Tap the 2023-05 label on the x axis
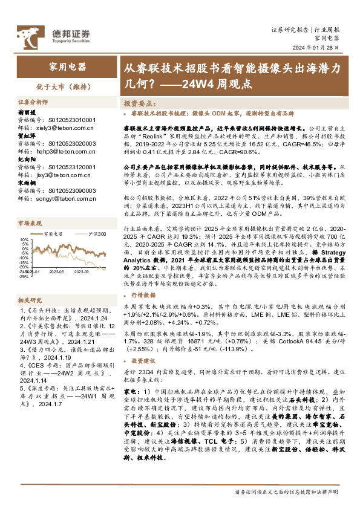point(56,273)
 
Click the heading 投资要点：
point(144,103)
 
